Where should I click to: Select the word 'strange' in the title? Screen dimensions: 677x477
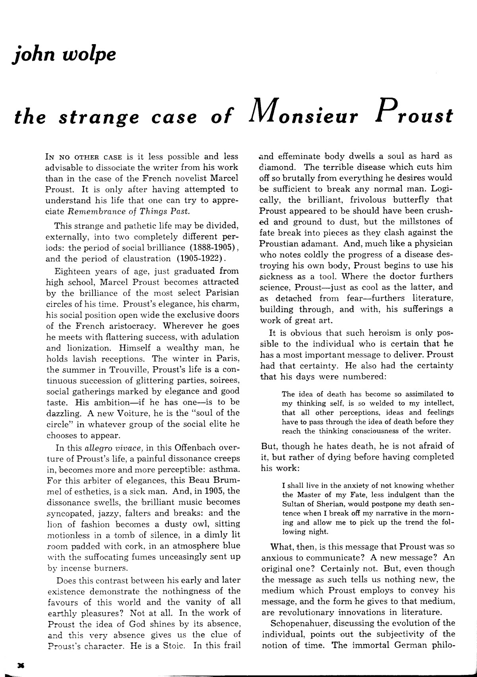tap(99, 118)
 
